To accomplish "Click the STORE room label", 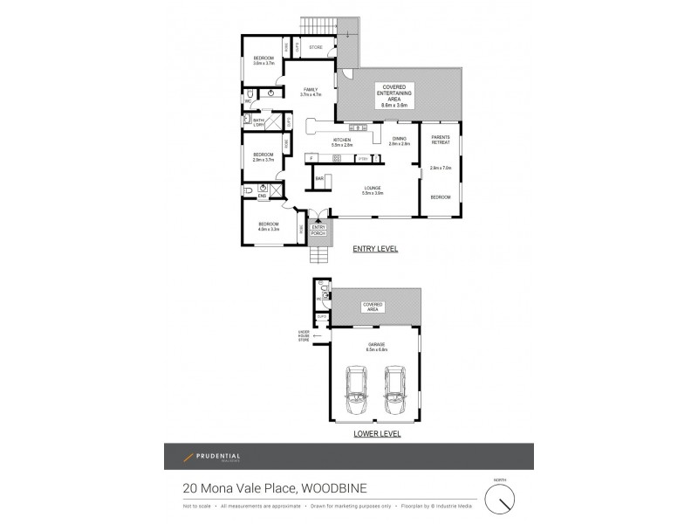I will click(317, 47).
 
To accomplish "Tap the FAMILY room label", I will click(311, 90).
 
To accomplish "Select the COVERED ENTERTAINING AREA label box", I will click(389, 93).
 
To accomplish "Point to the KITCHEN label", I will click(341, 141).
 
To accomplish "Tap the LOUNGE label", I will click(373, 190).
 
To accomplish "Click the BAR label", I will click(319, 178).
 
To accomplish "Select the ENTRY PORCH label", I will click(318, 231).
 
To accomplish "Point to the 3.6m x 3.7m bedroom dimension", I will click(263, 63).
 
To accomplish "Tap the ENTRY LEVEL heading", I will click(375, 249).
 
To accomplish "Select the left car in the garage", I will click(356, 389).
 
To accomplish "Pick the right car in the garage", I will click(395, 389).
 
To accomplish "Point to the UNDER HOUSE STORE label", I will click(305, 336).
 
